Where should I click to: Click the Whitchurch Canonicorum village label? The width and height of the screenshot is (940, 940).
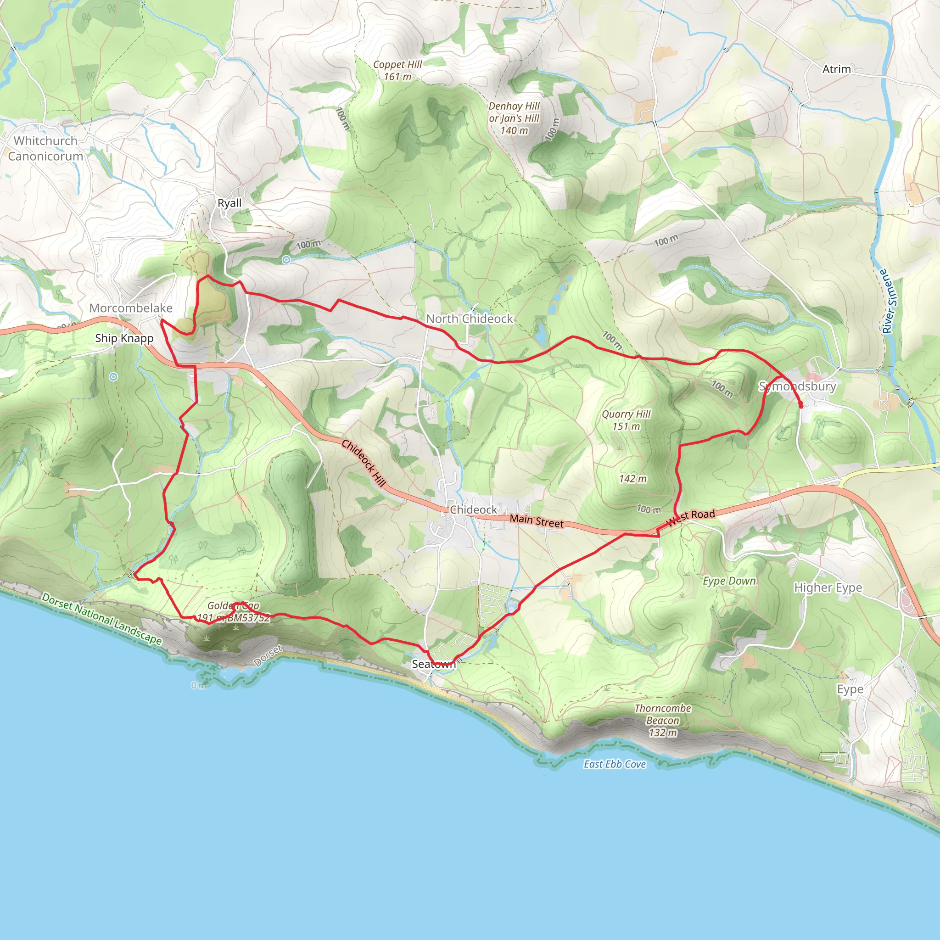pyautogui.click(x=45, y=148)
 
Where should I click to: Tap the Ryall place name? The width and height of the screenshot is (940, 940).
pyautogui.click(x=229, y=203)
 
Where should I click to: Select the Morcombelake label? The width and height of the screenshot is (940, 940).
pyautogui.click(x=131, y=308)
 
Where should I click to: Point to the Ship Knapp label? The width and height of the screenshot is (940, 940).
pyautogui.click(x=124, y=338)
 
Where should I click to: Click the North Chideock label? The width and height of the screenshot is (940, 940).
pyautogui.click(x=470, y=319)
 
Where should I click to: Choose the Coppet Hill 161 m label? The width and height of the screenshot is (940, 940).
pyautogui.click(x=397, y=71)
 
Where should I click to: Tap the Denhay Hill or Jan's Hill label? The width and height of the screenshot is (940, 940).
pyautogui.click(x=514, y=118)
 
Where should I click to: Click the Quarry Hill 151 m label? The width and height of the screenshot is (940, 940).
pyautogui.click(x=626, y=420)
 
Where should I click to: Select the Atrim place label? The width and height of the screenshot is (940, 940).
pyautogui.click(x=836, y=69)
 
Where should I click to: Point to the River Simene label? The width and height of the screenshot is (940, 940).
pyautogui.click(x=889, y=301)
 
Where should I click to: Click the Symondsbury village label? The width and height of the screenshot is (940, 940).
pyautogui.click(x=797, y=386)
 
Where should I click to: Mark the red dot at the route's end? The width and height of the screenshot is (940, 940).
pyautogui.click(x=801, y=405)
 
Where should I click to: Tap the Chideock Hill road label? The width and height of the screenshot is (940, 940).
pyautogui.click(x=364, y=463)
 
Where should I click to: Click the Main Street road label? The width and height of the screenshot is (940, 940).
pyautogui.click(x=537, y=521)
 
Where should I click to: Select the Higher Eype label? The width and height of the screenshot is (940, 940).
pyautogui.click(x=828, y=588)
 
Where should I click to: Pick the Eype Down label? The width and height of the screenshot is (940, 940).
pyautogui.click(x=729, y=581)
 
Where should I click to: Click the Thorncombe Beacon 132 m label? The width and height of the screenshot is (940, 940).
pyautogui.click(x=663, y=720)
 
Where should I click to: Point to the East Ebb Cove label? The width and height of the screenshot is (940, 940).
pyautogui.click(x=615, y=764)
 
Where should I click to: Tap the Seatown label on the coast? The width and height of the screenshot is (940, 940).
pyautogui.click(x=433, y=664)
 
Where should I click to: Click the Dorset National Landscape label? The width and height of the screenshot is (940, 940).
pyautogui.click(x=102, y=618)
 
